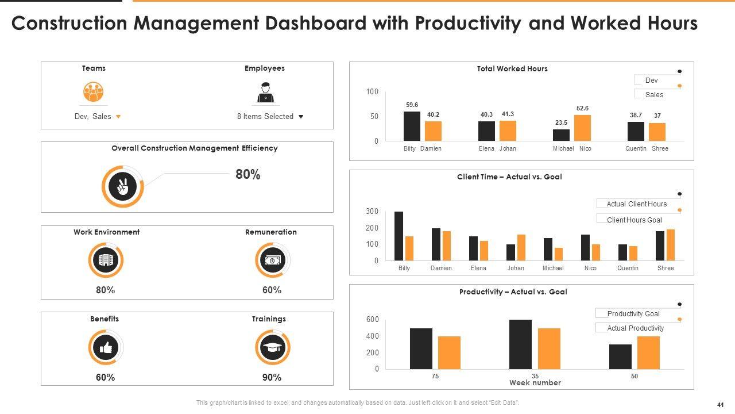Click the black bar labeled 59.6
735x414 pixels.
[412, 126]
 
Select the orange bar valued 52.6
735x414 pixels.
[582, 128]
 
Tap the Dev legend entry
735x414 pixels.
[651, 80]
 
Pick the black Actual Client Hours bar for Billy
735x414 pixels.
[399, 236]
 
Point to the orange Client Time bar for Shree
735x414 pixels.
[670, 245]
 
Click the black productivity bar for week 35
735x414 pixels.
[520, 344]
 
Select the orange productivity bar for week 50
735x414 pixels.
[648, 352]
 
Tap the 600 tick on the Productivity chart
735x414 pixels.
[373, 320]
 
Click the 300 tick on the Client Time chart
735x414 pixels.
[373, 212]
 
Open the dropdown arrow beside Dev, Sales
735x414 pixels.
[118, 116]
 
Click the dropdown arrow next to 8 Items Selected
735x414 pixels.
[301, 117]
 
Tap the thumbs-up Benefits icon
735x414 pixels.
[106, 347]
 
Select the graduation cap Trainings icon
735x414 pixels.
[272, 347]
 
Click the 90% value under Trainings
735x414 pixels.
[272, 378]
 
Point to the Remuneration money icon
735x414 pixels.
[272, 260]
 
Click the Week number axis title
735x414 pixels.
[535, 383]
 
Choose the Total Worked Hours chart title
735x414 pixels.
[512, 69]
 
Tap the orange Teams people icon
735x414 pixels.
[93, 91]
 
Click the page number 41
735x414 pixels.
[720, 404]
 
